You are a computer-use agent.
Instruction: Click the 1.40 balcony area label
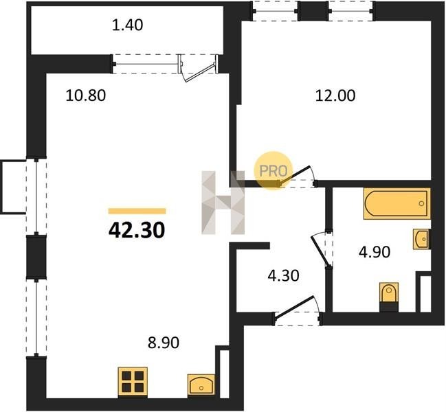click(x=127, y=25)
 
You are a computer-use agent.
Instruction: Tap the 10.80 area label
click(x=86, y=95)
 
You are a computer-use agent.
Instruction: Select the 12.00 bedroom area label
click(x=335, y=95)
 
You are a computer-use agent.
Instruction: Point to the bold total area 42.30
click(x=137, y=230)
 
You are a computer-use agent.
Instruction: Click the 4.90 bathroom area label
click(x=375, y=252)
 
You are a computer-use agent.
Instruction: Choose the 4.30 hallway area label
click(x=284, y=275)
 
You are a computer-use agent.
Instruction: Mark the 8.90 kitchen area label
click(x=164, y=343)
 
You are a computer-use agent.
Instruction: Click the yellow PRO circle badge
click(x=273, y=171)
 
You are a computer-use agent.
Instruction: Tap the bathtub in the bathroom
click(x=397, y=203)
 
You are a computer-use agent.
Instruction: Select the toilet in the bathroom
click(x=389, y=297)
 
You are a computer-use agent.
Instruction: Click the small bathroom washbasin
click(x=421, y=239)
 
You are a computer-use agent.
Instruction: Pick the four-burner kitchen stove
click(x=133, y=382)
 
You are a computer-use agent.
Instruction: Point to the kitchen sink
click(x=201, y=385)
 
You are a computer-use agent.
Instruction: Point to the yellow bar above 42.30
click(x=137, y=211)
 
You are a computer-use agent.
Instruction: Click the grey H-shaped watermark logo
click(x=223, y=203)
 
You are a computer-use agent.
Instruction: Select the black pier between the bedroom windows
click(x=313, y=10)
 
